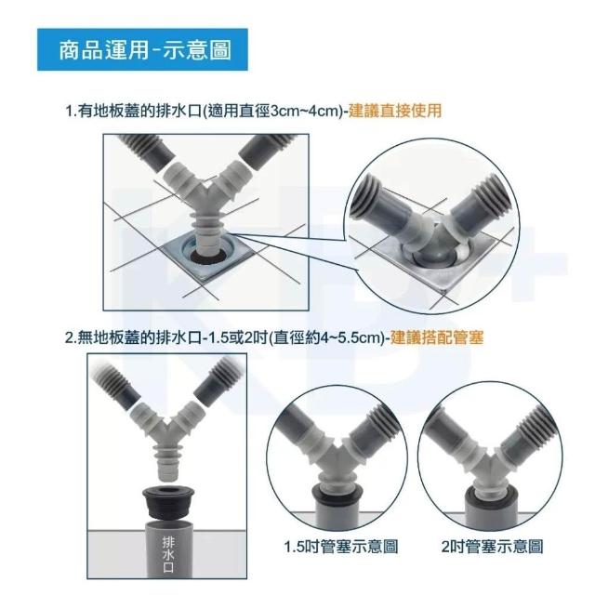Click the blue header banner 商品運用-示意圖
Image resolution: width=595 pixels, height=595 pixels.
pos(142,49)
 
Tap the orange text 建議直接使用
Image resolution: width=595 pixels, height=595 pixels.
pos(395,111)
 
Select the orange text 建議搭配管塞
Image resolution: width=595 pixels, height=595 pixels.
pos(437,337)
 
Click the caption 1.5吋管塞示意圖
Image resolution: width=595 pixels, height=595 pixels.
pos(341,547)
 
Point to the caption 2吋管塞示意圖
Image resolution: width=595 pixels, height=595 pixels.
pos(492,547)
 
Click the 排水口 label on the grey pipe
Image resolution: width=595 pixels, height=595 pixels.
pos(168,554)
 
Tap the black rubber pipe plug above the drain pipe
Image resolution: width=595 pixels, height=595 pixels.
pos(168,503)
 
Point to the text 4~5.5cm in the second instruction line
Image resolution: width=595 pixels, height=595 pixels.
pos(350,337)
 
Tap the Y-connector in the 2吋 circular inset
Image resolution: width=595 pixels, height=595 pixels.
pos(490,456)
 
